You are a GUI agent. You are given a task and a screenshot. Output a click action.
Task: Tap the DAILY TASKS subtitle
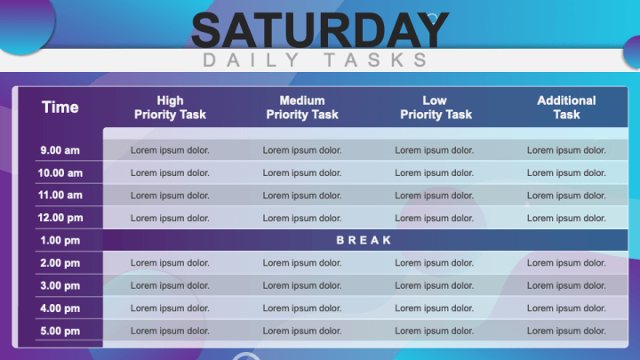pos(316,60)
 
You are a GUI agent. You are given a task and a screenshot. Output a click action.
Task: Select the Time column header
pos(60,108)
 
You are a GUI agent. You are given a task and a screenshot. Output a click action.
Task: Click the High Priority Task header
pos(170,108)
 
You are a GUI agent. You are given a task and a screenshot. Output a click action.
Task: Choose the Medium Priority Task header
pos(302,108)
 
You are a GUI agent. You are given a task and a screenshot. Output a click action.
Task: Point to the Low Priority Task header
pos(435,108)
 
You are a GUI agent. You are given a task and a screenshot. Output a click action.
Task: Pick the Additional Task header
pos(566,108)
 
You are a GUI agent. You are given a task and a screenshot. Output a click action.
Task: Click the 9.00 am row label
pos(60,150)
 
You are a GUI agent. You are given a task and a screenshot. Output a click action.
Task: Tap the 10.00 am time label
pos(60,173)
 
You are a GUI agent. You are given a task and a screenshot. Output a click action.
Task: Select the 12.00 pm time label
pos(60,218)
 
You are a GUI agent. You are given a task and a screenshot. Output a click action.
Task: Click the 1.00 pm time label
pos(60,240)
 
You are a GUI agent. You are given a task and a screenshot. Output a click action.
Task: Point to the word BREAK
pos(364,240)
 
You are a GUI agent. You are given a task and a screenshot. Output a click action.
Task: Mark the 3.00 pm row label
pos(60,285)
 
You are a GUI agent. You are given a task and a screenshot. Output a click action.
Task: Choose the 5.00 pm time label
pos(60,331)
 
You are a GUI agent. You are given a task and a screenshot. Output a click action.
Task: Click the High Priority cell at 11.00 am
pos(170,196)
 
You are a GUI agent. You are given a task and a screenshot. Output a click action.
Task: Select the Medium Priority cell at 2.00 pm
pos(302,263)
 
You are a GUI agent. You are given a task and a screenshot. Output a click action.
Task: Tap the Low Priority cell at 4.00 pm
pos(435,308)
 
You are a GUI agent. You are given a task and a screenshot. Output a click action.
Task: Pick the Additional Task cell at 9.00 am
pos(566,150)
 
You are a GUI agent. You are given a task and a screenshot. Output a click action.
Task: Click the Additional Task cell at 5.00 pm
pos(566,331)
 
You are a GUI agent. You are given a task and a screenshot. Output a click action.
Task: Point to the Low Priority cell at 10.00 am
pos(435,173)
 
